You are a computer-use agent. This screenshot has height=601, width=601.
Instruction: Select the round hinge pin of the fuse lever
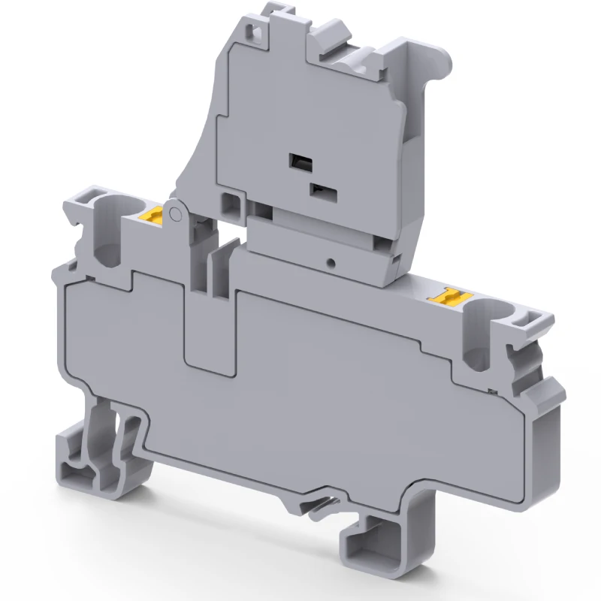(175, 216)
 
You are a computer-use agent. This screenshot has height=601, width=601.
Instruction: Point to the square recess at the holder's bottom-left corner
(233, 201)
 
